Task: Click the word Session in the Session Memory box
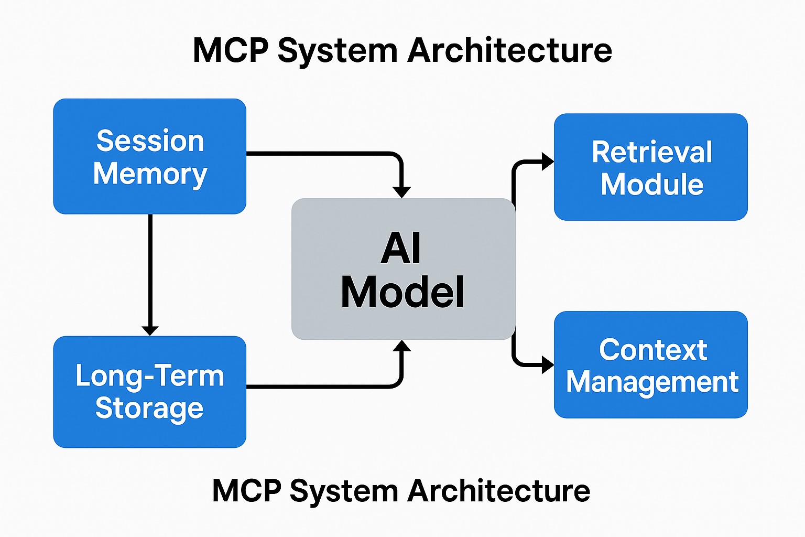(x=150, y=141)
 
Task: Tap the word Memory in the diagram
(x=150, y=174)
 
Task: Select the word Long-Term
(x=150, y=376)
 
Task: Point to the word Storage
(x=149, y=409)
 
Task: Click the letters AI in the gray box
(x=401, y=249)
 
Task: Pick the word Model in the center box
(x=402, y=292)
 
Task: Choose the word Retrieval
(x=651, y=152)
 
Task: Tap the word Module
(x=651, y=185)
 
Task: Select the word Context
(x=653, y=350)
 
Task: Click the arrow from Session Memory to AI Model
(x=325, y=153)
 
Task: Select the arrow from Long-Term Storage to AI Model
(x=325, y=387)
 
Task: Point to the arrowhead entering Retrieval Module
(x=547, y=162)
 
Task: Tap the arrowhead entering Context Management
(x=547, y=364)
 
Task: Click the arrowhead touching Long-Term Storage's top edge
(x=150, y=330)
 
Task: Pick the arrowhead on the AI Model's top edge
(x=401, y=192)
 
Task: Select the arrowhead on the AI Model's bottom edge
(x=401, y=346)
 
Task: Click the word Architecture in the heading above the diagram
(x=509, y=51)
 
